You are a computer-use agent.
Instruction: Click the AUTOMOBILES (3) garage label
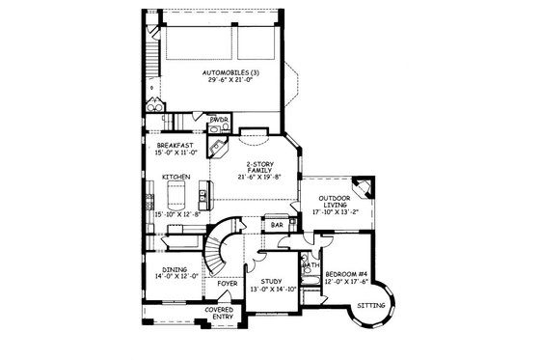tap(229, 73)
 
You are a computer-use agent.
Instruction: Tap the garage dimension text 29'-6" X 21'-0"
tap(229, 81)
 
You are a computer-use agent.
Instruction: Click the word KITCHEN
tap(175, 177)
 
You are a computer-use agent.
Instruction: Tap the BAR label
tap(276, 225)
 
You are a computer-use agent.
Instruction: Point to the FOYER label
tap(228, 284)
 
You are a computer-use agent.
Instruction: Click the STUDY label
tap(270, 283)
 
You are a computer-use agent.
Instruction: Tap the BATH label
tap(310, 263)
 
